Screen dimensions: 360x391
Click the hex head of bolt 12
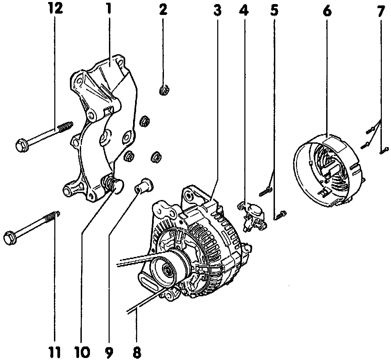(x=21, y=145)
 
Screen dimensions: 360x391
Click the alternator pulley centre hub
(x=167, y=270)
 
